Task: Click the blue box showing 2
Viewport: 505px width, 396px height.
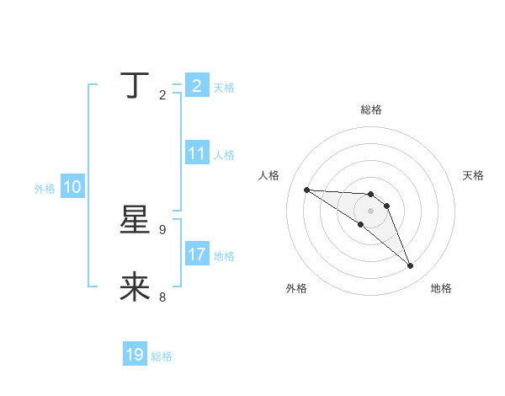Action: click(196, 86)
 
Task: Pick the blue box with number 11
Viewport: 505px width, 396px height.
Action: click(197, 154)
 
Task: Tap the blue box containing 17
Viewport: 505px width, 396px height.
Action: click(197, 254)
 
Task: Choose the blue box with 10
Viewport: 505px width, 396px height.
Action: click(72, 188)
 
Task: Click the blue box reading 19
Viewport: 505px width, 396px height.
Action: click(135, 355)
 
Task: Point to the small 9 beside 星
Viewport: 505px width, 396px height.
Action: click(162, 229)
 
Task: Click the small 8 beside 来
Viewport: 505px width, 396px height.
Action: click(162, 297)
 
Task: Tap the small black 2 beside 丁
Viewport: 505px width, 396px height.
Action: click(162, 94)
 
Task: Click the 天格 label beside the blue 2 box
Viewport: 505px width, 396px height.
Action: click(224, 88)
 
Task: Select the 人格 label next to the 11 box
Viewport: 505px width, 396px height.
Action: click(224, 155)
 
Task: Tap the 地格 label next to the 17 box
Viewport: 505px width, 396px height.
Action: click(224, 255)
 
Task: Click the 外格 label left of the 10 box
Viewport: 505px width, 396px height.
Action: click(45, 189)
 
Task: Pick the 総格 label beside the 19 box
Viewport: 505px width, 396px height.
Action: click(162, 356)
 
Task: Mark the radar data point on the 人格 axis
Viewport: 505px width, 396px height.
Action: click(306, 190)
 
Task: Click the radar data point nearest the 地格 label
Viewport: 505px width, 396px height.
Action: click(411, 266)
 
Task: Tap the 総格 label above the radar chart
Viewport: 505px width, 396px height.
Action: click(371, 110)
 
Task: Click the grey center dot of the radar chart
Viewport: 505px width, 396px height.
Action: click(371, 211)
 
